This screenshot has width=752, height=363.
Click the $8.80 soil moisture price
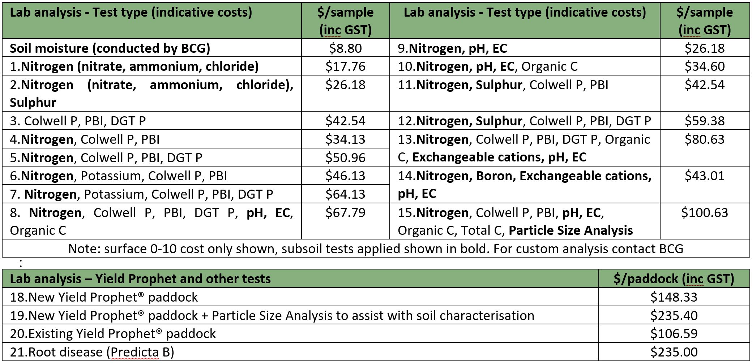coord(345,48)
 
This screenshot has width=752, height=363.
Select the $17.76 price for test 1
coord(345,66)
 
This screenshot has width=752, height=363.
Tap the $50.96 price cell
coord(345,158)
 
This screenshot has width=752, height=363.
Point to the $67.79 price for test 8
coord(345,213)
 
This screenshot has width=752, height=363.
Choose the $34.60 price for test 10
coord(704,66)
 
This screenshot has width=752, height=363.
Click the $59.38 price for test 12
coord(704,121)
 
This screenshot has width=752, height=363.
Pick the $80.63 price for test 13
coord(704,139)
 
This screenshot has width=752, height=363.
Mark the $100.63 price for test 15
coord(704,213)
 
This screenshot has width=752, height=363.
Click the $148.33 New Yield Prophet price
coord(674,297)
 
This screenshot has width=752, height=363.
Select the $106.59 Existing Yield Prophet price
coord(674,334)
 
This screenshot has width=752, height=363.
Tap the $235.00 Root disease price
coord(674,352)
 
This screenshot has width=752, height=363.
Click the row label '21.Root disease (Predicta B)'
coord(92,352)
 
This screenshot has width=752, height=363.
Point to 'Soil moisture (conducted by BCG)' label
coord(110,48)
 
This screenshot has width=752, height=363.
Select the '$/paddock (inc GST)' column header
coord(674,279)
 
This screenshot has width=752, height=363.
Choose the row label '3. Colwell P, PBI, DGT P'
coord(78,121)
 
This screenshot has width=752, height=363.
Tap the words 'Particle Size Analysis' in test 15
coord(571,230)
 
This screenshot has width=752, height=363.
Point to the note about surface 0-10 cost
coord(376,249)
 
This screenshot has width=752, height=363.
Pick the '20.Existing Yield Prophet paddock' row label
coord(113,334)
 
